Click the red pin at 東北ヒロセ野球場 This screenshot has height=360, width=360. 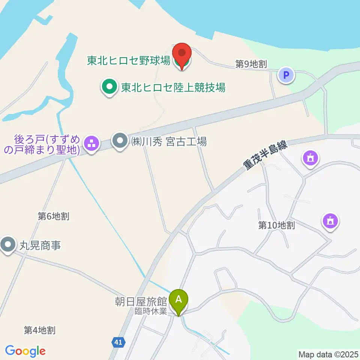[181, 55]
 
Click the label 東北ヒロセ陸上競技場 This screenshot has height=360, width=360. [173, 88]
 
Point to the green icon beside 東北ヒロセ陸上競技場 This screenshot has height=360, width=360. [109, 87]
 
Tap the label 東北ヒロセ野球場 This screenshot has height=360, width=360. [129, 60]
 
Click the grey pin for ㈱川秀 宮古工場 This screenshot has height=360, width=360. [120, 142]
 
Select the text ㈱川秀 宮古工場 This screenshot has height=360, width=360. [169, 142]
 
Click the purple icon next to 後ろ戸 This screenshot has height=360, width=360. [91, 143]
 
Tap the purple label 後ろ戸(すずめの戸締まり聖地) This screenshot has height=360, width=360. [48, 145]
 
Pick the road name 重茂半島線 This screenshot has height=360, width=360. [265, 156]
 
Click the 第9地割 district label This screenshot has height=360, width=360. [251, 64]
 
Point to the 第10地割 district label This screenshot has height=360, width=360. [276, 225]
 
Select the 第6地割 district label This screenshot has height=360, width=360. [54, 216]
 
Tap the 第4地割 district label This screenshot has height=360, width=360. [39, 330]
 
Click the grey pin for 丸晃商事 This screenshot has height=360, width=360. [7, 245]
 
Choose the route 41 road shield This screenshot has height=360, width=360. [118, 342]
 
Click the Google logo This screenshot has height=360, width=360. [25, 351]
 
